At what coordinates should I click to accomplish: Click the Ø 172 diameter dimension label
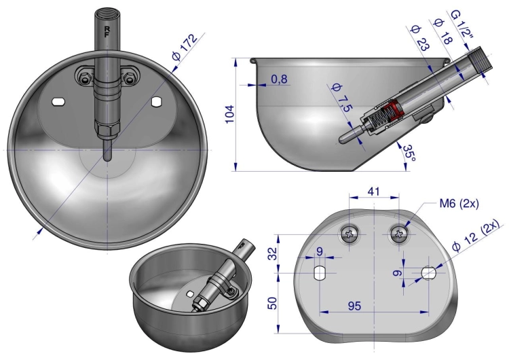point(185,48)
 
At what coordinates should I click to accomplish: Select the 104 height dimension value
point(229,113)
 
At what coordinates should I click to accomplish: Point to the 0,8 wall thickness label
point(279,79)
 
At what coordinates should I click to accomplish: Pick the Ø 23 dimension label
point(420,38)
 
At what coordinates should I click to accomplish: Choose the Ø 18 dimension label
point(443,31)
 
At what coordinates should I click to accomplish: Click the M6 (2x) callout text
point(459,204)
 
